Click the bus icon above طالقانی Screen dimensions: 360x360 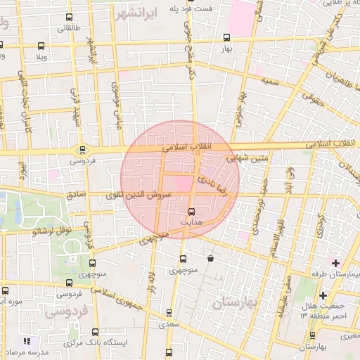pos(68,18)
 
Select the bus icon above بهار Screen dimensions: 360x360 pos(226,38)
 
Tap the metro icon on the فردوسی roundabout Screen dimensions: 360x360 pos(83,149)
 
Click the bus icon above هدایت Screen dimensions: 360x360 pos(192,211)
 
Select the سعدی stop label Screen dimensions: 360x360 pos(169,324)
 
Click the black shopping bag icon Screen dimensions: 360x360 pos(211,258)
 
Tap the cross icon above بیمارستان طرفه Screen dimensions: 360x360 pos(336,262)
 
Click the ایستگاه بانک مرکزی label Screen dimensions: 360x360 pos(89,342)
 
